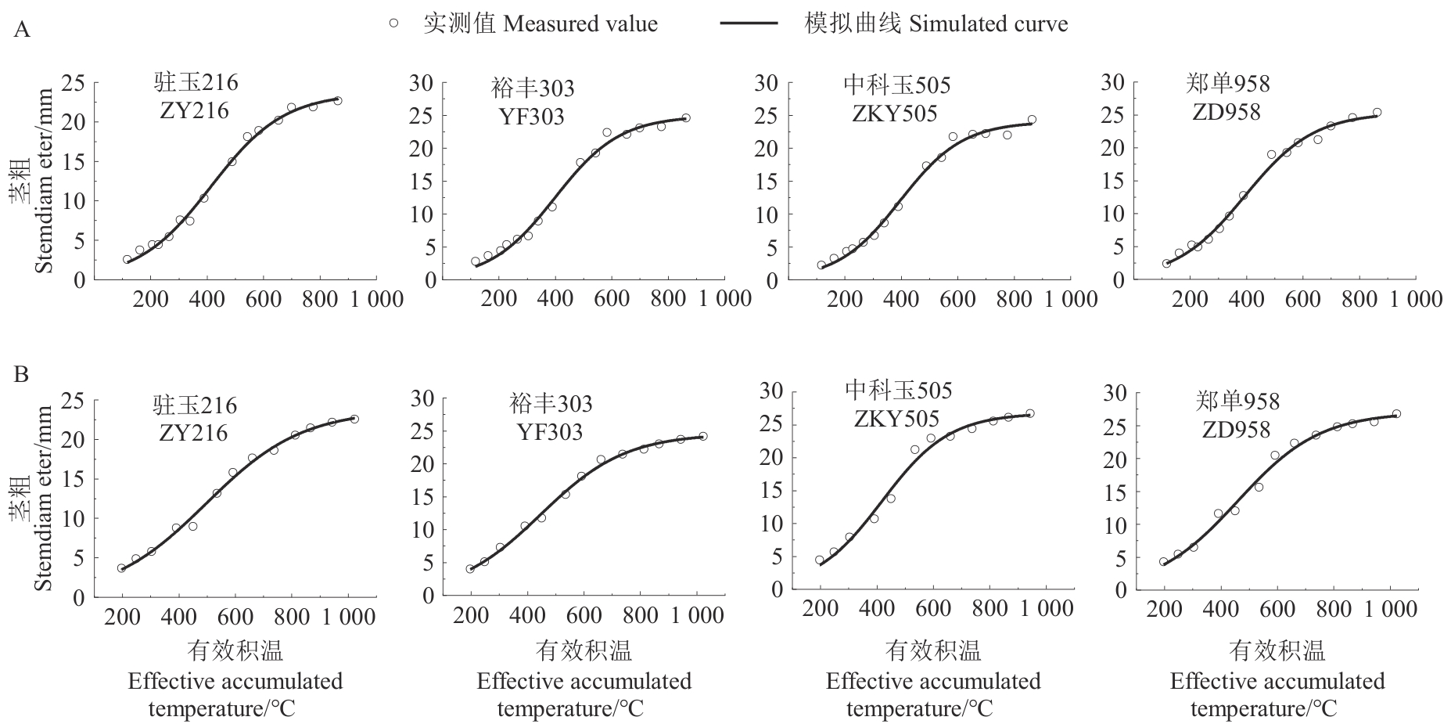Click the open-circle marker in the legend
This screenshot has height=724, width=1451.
tap(393, 23)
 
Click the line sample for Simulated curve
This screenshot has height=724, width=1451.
tap(749, 23)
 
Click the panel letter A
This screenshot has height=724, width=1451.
tap(23, 31)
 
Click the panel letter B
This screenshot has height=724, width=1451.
tap(22, 375)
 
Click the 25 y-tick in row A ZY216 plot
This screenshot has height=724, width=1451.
tap(74, 82)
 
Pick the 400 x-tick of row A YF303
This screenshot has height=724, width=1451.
tap(555, 298)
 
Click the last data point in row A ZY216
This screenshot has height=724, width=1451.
tap(337, 100)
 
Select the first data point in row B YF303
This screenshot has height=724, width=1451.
tap(470, 569)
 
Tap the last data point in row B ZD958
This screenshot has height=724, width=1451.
tap(1396, 414)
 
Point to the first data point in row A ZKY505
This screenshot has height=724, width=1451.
tap(821, 265)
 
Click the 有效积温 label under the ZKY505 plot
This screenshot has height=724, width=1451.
tap(932, 650)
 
